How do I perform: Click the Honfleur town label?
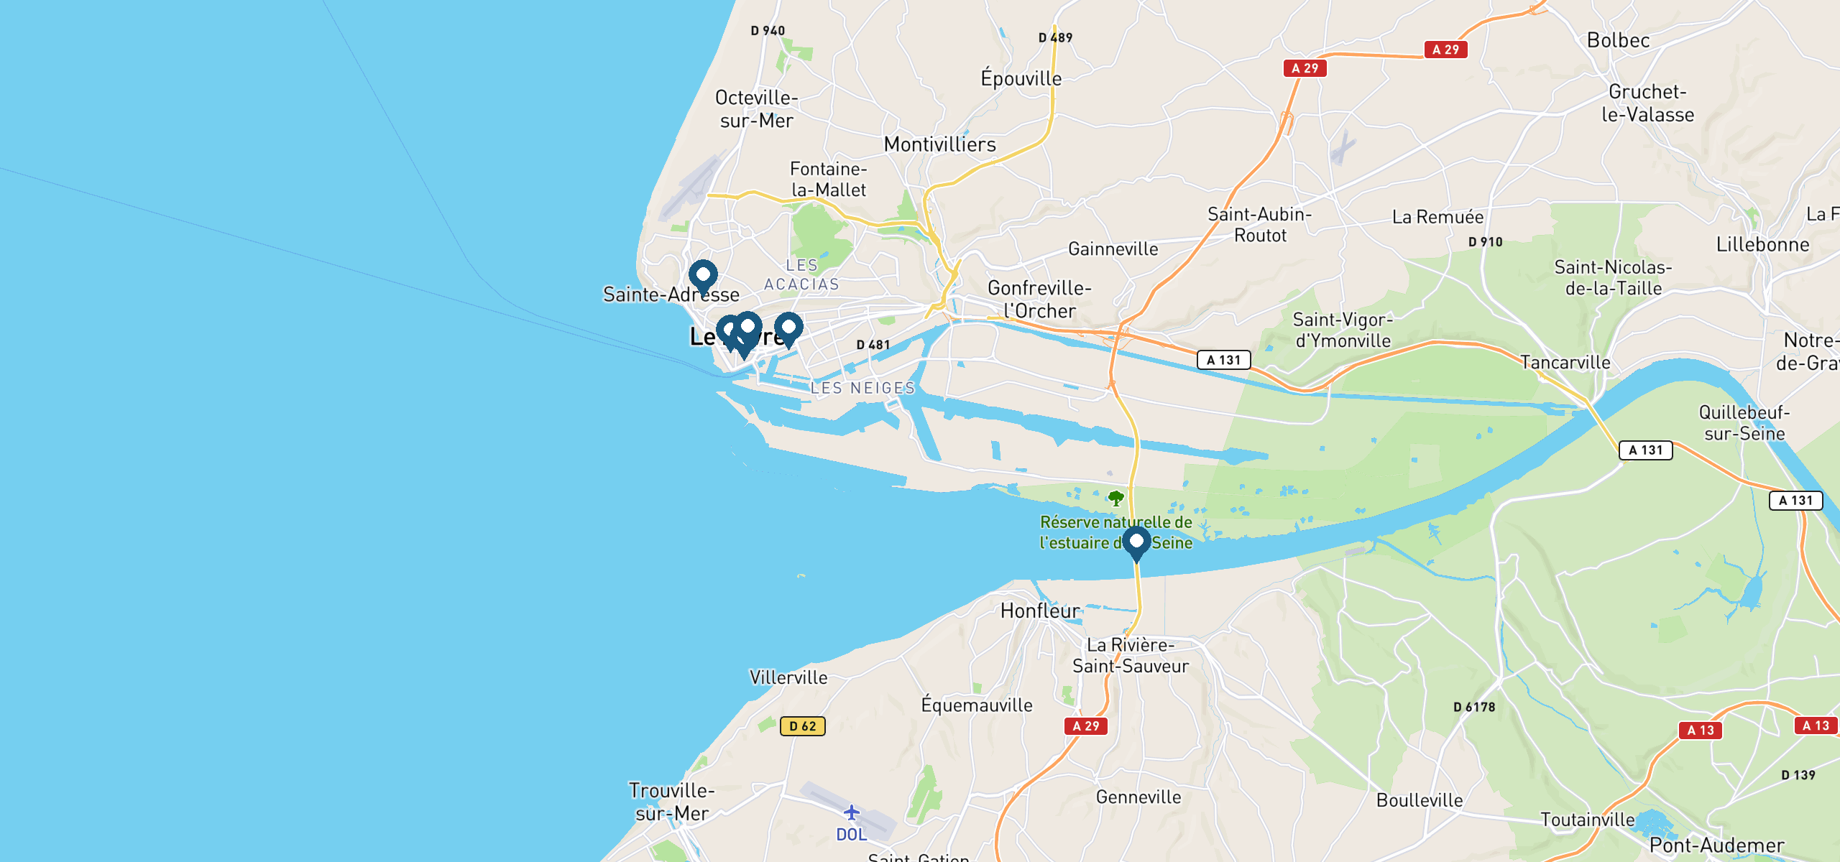(1039, 611)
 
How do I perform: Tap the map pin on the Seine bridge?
(1136, 542)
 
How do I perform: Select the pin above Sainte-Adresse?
(703, 276)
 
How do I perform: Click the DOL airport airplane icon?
(852, 812)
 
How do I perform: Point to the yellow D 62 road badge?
(802, 726)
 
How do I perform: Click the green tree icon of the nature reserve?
(1115, 498)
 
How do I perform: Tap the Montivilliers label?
(939, 144)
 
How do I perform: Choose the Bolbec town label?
(1618, 40)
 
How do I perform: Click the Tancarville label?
(1565, 362)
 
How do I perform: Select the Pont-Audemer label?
(1716, 845)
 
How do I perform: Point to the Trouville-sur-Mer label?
(672, 802)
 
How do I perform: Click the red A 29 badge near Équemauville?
(1085, 726)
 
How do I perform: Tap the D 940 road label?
(768, 31)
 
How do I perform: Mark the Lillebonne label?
(1762, 244)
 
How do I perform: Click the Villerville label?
(788, 677)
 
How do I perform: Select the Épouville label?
(1021, 78)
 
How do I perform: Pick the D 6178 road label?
(1474, 707)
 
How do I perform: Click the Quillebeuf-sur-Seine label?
(1744, 422)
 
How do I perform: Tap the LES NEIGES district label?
(862, 388)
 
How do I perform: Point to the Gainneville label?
(1113, 249)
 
